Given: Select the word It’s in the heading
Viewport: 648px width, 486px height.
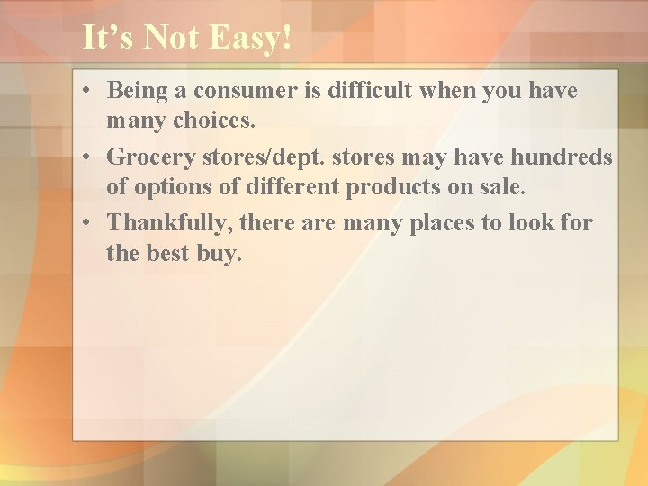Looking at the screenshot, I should pyautogui.click(x=108, y=39).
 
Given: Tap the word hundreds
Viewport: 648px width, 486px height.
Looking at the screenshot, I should pyautogui.click(x=562, y=157).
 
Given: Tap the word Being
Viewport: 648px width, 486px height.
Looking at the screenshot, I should pyautogui.click(x=138, y=91).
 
